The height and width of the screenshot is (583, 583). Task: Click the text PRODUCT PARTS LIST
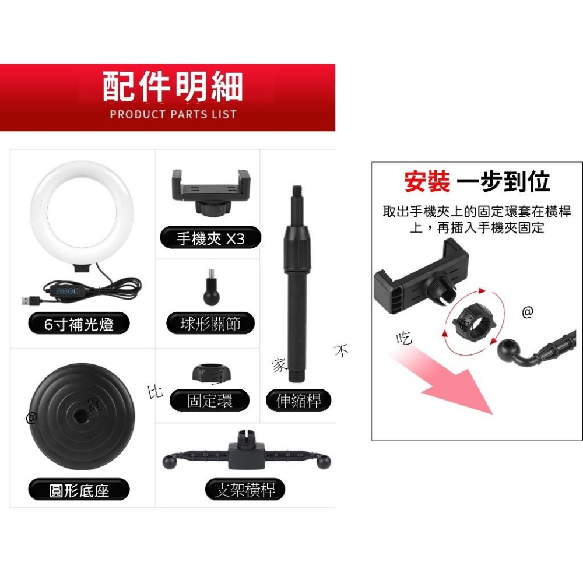point(173,114)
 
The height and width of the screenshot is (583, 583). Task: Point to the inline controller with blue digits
point(67,290)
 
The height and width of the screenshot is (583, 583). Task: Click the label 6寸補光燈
point(79,324)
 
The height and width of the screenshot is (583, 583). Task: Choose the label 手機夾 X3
point(210,238)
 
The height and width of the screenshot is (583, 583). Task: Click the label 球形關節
point(210,323)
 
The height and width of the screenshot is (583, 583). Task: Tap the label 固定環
point(210,401)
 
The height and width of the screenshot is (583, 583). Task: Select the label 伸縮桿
point(298,401)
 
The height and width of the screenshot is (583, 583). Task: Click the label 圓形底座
point(79,490)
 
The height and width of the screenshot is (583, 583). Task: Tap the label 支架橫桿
point(245,490)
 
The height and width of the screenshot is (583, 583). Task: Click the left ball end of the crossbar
point(170,462)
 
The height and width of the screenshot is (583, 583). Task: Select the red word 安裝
point(427,182)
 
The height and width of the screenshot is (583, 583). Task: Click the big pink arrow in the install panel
point(461,388)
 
